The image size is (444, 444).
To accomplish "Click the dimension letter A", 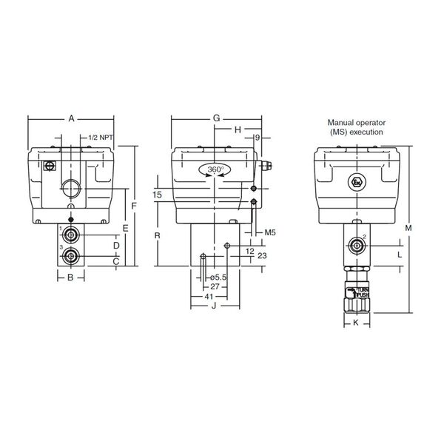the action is pos(71,118).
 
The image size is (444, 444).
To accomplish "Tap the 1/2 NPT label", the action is pos(101,138).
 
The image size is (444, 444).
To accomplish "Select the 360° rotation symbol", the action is pos(215,169).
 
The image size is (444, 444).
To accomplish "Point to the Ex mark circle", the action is pos(357,182).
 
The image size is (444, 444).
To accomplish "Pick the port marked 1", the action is pos(70,235).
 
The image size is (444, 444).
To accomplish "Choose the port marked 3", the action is pos(70,256).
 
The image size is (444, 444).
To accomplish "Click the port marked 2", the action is pos(357,246).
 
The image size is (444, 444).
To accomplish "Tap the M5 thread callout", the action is pos(270,232).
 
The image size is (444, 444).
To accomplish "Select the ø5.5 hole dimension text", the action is pos(218,277).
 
